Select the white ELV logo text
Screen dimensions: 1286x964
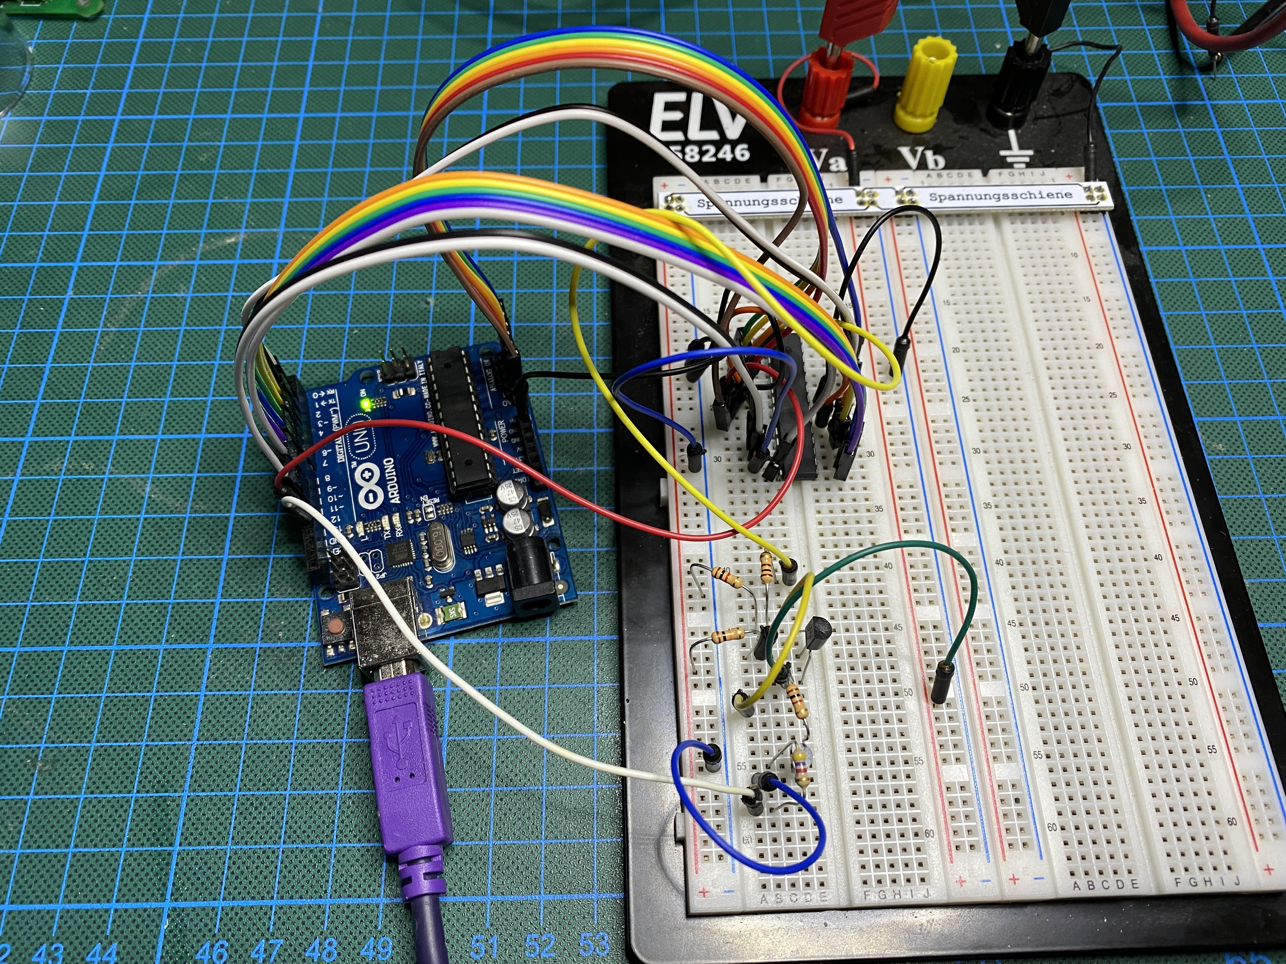pos(698,119)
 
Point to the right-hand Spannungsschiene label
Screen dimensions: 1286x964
pos(1000,195)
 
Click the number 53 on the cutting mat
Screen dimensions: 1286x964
pos(594,946)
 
